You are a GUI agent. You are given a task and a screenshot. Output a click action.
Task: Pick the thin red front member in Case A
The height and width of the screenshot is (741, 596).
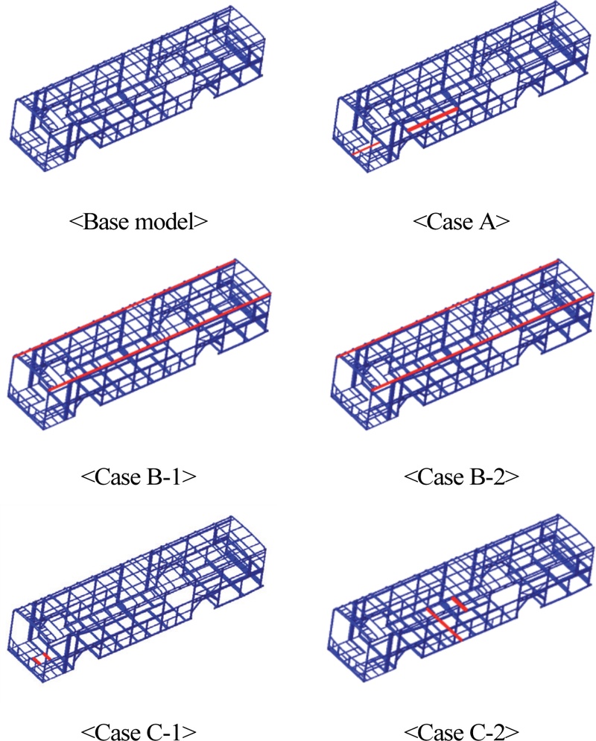tap(367, 149)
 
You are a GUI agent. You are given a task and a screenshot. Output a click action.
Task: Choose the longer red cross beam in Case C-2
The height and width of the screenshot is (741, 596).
tap(444, 624)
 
